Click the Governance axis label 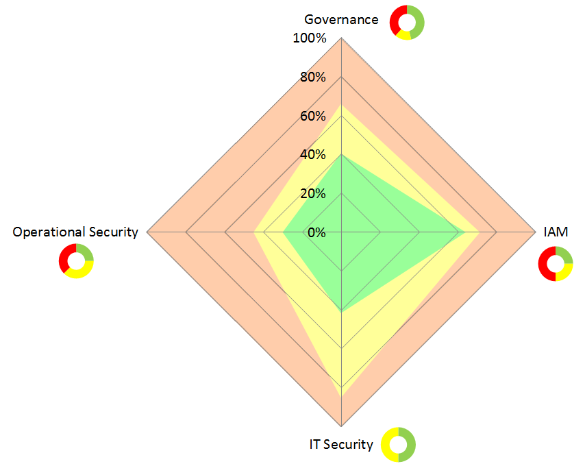pyautogui.click(x=341, y=19)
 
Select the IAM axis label pyautogui.click(x=556, y=232)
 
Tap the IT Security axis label pyautogui.click(x=341, y=444)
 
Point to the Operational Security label pyautogui.click(x=75, y=232)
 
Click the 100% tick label pyautogui.click(x=310, y=38)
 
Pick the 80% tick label pyautogui.click(x=312, y=77)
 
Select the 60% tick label pyautogui.click(x=312, y=116)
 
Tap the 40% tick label pyautogui.click(x=312, y=155)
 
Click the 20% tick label pyautogui.click(x=312, y=193)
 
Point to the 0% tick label pyautogui.click(x=316, y=232)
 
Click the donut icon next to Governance pyautogui.click(x=407, y=22)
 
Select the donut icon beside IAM pyautogui.click(x=556, y=264)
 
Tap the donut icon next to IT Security pyautogui.click(x=398, y=444)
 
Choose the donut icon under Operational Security pyautogui.click(x=76, y=261)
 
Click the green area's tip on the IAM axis pyautogui.click(x=464, y=232)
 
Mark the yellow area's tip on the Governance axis pyautogui.click(x=341, y=105)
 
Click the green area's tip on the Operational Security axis pyautogui.click(x=283, y=232)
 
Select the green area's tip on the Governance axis pyautogui.click(x=341, y=155)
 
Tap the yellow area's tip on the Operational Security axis pyautogui.click(x=254, y=232)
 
